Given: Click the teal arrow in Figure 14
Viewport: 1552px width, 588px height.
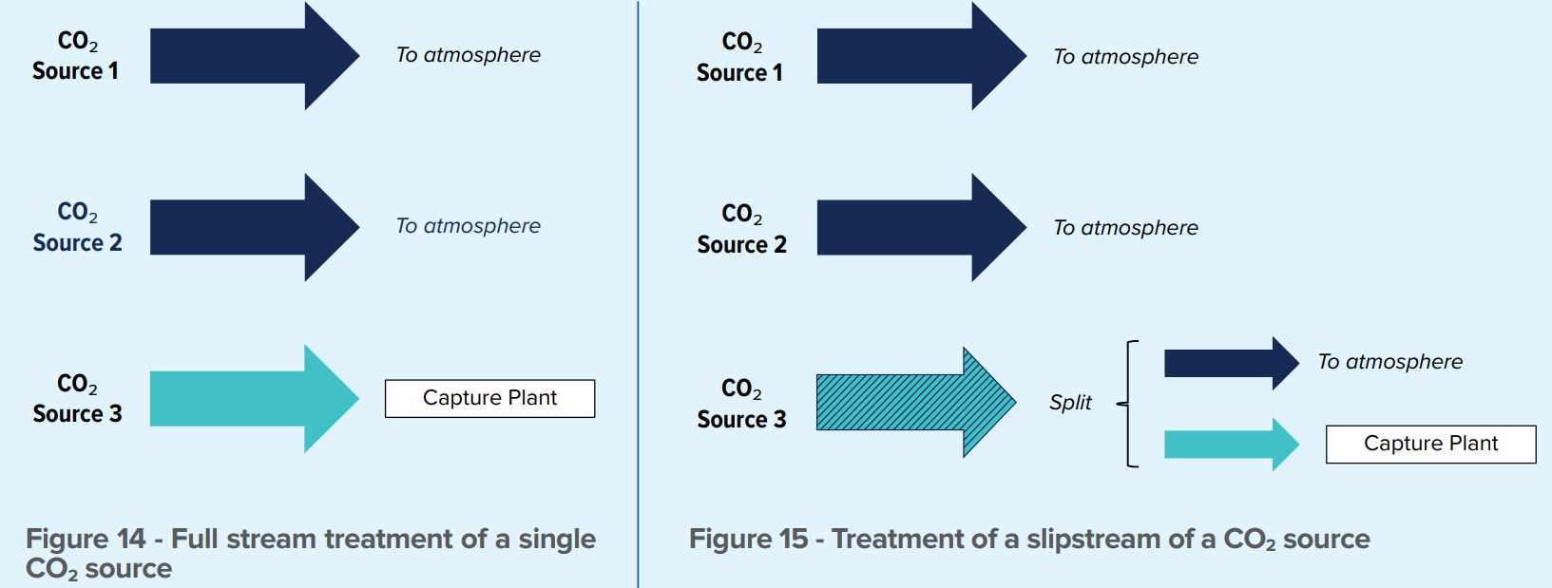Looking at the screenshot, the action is pos(255,399).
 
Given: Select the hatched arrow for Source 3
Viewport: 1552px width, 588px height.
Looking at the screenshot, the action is pos(916,403).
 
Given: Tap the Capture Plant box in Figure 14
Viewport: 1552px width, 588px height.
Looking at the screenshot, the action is pos(489,398).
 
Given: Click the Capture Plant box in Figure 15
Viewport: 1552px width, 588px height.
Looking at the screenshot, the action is pos(1430,444).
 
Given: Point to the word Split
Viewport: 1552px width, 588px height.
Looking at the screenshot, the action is pos(1070,403).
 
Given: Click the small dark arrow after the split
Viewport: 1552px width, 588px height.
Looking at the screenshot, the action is pos(1231,364).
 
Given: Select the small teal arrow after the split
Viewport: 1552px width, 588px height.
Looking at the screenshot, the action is pos(1231,445).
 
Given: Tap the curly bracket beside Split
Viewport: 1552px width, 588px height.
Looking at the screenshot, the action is pos(1128,404).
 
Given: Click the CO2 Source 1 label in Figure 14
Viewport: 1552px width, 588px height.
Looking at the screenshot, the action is pos(75,56).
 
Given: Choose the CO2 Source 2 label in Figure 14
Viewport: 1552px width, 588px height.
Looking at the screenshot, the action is pos(77,227).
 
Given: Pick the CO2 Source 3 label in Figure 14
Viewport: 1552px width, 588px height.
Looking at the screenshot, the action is pos(77,398).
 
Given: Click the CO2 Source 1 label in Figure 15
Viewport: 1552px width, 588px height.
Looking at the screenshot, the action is pos(740,58).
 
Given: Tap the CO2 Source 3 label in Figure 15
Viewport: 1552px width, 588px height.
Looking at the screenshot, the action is pos(741,404).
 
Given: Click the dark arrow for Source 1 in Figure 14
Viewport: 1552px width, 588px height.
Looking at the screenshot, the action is pos(255,56).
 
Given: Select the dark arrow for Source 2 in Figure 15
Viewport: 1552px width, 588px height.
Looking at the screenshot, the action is pos(922,227).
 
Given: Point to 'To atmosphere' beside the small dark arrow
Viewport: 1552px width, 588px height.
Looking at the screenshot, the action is pos(1389,362).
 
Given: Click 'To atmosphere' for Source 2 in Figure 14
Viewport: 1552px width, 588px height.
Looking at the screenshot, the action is pos(469,226).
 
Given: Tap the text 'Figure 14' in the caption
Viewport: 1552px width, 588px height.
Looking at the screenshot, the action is pos(86,539).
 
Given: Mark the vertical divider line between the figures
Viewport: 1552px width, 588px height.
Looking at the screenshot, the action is pos(638,294).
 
